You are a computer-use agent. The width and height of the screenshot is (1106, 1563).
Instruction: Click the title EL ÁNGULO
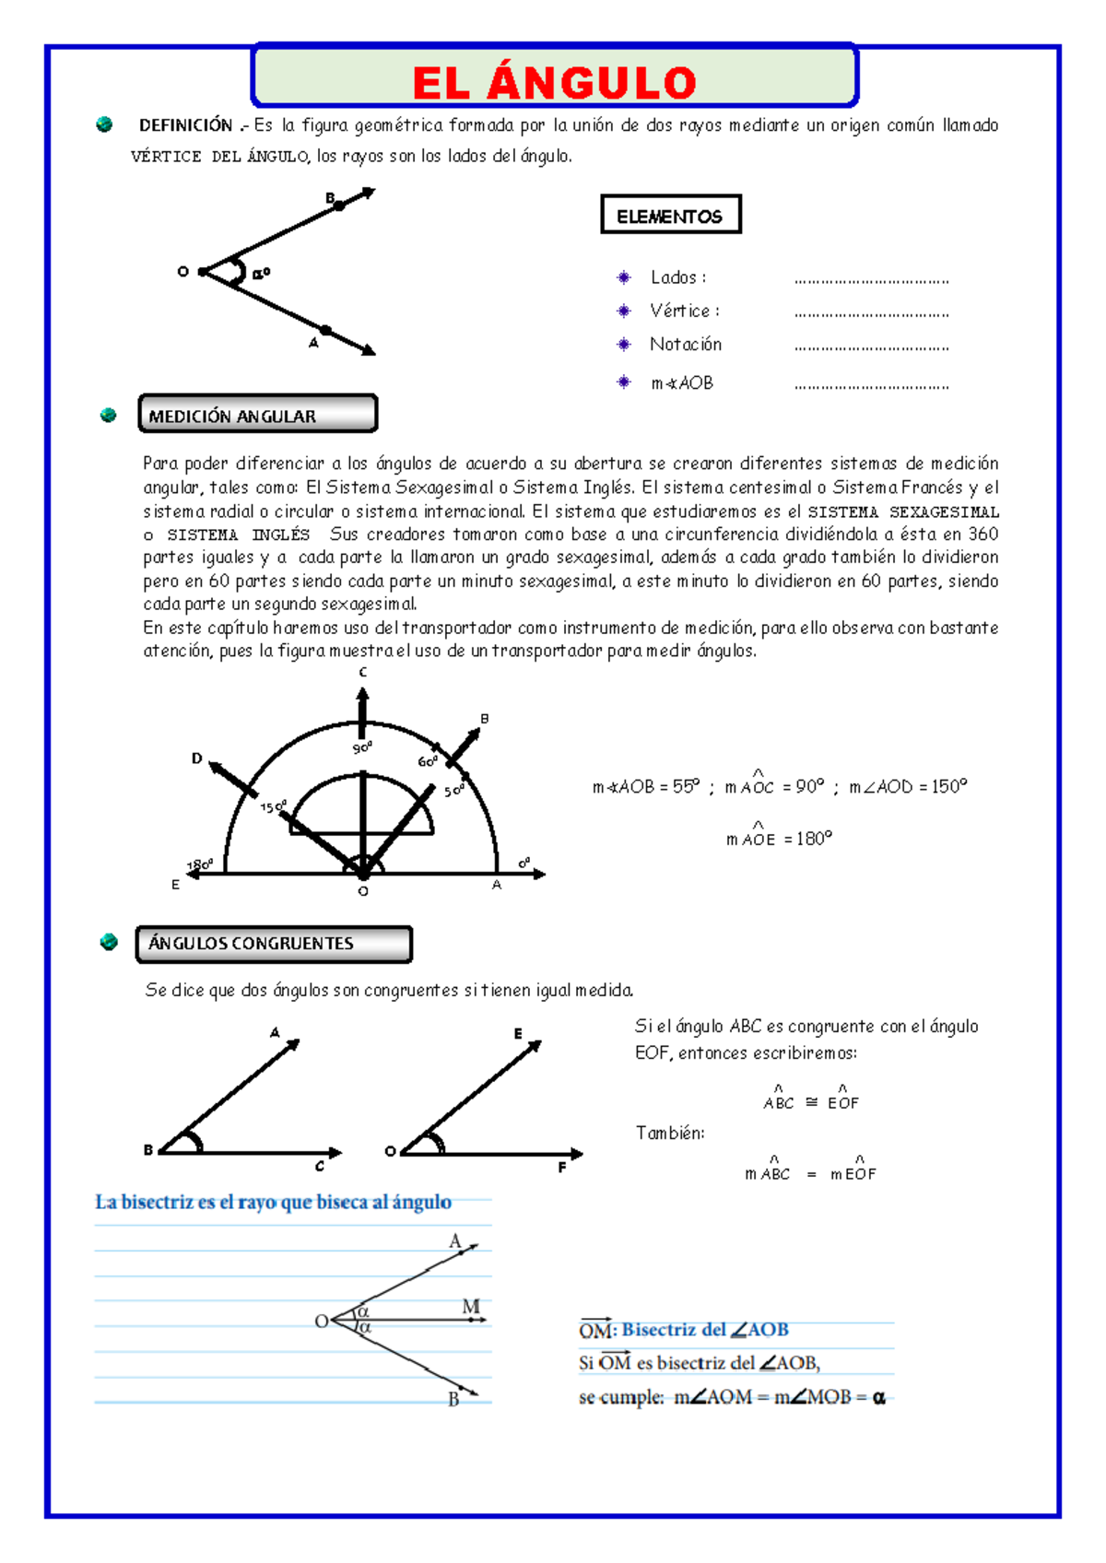(x=554, y=83)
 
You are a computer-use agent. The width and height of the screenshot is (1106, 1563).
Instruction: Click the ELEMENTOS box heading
(x=670, y=217)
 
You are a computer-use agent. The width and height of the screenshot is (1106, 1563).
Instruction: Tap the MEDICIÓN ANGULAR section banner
(x=232, y=417)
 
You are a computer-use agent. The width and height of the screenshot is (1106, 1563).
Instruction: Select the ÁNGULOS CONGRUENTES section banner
(x=251, y=944)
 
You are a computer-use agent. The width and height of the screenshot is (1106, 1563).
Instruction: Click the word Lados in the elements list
(x=675, y=277)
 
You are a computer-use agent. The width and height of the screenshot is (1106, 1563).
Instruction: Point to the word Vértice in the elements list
(x=680, y=311)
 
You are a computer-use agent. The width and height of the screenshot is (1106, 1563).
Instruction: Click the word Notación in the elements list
(x=686, y=345)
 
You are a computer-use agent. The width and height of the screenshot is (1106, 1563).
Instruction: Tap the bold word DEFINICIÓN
(x=185, y=125)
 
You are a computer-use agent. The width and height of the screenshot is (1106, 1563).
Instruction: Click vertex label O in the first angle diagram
(x=182, y=271)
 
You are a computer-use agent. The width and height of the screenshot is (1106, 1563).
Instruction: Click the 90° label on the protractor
(x=362, y=748)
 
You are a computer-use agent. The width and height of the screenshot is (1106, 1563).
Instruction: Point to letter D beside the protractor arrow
(x=196, y=758)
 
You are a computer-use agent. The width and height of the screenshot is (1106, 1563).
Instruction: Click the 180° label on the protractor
(x=199, y=865)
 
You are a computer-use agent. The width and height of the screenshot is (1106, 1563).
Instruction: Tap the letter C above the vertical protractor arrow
(x=362, y=673)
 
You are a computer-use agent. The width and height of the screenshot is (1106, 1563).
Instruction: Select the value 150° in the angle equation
(x=949, y=787)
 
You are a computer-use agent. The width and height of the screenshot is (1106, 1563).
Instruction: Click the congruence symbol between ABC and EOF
(x=811, y=1102)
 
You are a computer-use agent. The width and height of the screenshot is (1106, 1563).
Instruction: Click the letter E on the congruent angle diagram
(x=518, y=1034)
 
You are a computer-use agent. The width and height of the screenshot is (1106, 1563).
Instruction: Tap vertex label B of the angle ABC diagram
(x=147, y=1149)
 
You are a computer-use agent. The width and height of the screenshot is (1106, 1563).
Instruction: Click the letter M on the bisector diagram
(x=471, y=1306)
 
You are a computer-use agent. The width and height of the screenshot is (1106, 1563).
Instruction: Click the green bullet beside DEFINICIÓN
(x=104, y=124)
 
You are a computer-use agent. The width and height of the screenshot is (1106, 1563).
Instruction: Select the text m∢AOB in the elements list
(x=682, y=383)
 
